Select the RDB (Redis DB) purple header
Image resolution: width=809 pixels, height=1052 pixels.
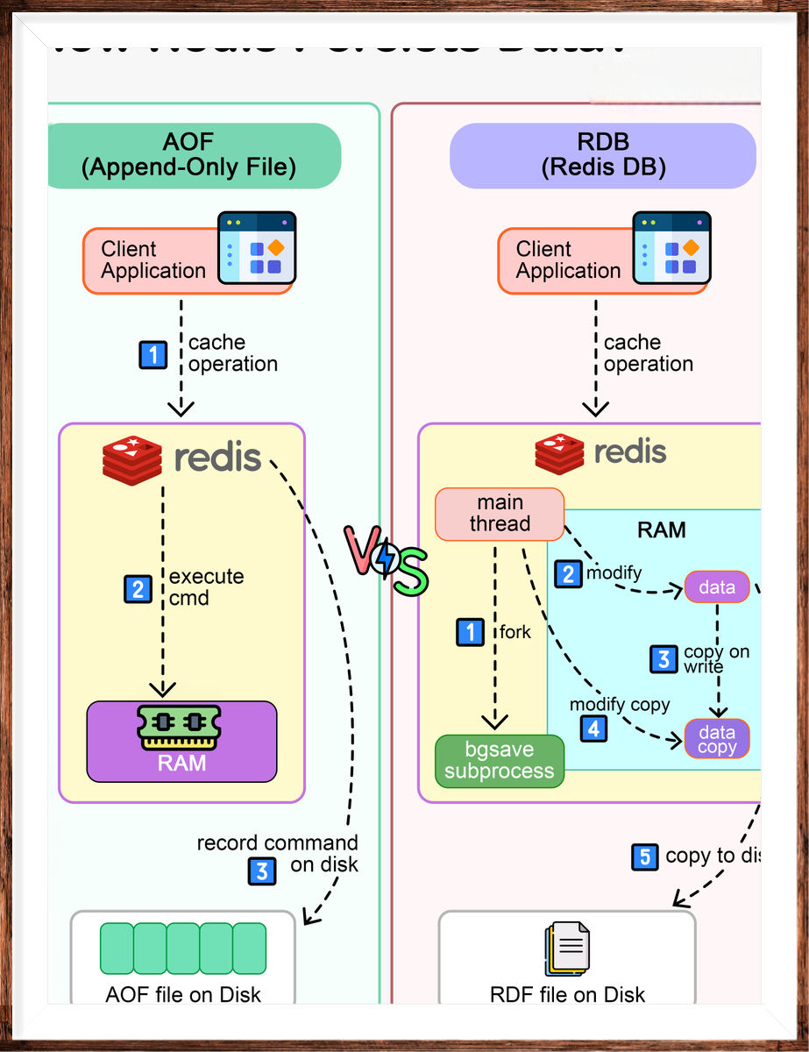(x=603, y=155)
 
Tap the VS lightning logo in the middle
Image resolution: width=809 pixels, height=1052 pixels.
(x=386, y=562)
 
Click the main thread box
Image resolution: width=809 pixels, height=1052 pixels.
(x=500, y=514)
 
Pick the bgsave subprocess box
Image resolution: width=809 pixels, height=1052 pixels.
(x=500, y=761)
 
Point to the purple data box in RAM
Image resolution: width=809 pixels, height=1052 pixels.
(x=717, y=586)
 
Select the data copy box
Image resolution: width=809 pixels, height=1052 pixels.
(x=717, y=738)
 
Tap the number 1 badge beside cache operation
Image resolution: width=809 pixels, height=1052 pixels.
(x=154, y=355)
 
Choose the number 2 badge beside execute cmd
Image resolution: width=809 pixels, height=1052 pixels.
(x=137, y=588)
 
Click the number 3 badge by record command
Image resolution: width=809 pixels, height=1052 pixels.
(x=262, y=871)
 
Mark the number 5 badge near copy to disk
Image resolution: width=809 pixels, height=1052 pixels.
(x=644, y=857)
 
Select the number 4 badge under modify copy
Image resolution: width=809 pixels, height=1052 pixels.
(x=594, y=728)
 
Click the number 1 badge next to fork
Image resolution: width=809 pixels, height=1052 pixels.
(x=470, y=630)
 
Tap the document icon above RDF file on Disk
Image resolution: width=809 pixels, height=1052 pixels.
(x=566, y=949)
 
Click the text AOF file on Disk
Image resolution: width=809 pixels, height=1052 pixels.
(x=183, y=994)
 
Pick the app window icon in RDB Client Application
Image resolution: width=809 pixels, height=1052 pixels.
(x=672, y=248)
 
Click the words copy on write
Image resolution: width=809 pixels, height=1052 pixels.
(x=716, y=659)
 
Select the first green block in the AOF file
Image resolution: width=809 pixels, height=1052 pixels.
(x=117, y=949)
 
